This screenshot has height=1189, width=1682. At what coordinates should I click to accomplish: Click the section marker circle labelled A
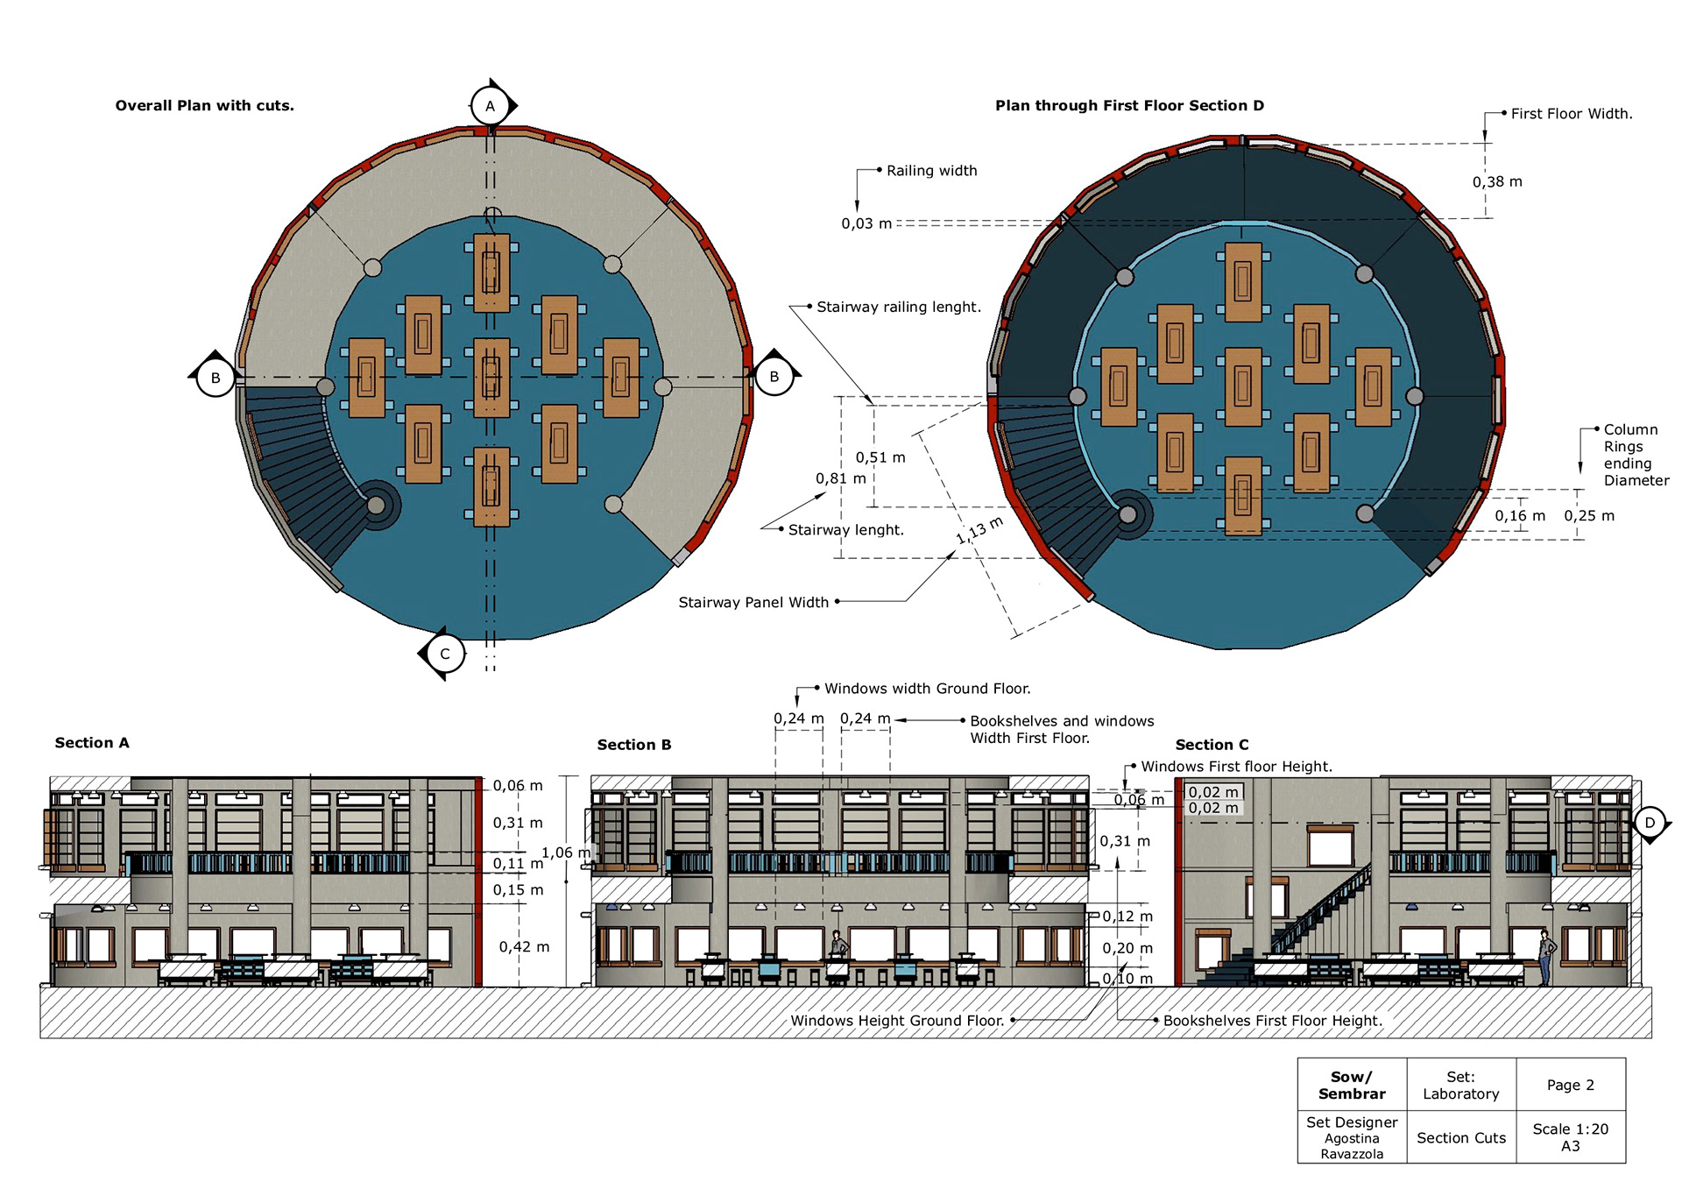pos(490,106)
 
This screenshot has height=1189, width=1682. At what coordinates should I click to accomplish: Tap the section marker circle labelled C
pos(445,654)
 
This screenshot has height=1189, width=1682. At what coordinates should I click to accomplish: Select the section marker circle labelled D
pos(1650,823)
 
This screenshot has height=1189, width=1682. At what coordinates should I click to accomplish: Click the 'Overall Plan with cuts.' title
pos(205,106)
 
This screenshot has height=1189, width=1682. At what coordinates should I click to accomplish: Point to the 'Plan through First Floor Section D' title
pos(1129,106)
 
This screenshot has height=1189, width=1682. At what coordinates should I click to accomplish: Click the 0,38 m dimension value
pos(1497,182)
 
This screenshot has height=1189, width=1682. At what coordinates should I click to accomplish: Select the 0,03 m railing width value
pos(866,223)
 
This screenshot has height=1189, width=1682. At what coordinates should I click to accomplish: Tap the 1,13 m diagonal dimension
pos(979,530)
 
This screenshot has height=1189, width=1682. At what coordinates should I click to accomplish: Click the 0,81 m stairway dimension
pos(841,478)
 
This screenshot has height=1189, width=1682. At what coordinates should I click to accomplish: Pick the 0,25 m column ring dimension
pos(1589,516)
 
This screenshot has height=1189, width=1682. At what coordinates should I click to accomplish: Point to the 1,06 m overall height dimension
pos(566,853)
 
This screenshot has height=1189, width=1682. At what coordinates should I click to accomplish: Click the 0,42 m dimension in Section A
pos(525,947)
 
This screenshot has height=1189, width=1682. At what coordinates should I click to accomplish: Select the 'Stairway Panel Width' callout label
pos(753,603)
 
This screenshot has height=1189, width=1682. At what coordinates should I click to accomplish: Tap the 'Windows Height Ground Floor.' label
pos(897,1021)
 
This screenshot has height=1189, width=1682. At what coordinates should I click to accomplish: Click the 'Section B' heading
pos(634,745)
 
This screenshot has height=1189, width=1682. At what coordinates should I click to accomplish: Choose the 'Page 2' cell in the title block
pos(1571,1085)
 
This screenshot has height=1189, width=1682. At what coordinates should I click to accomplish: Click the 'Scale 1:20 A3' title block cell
pos(1571,1137)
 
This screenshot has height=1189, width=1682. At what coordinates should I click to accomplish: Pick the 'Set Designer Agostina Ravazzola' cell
pos(1352,1137)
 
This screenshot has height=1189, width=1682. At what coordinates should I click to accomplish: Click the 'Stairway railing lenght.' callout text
pos(899,308)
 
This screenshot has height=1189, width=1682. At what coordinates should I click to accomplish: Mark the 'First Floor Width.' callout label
pos(1572,114)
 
